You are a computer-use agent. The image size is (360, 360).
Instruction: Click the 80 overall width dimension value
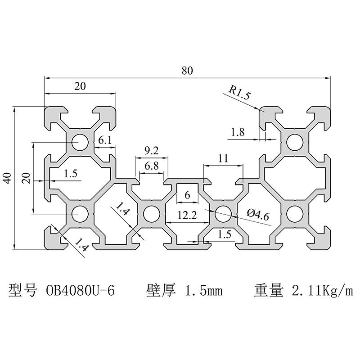pos(187,71)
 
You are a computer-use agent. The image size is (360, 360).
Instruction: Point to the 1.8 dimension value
pos(237,132)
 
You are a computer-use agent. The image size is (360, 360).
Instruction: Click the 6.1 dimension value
pos(105,140)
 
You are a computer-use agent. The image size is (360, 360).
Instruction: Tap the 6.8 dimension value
pos(152,166)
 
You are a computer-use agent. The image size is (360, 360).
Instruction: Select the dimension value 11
pos(223,158)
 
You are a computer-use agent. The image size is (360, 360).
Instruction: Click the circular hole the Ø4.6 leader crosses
pos(223,213)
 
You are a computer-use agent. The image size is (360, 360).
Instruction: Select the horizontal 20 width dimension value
pos(80,87)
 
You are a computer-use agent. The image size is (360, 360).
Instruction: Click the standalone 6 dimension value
pos(187,195)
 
